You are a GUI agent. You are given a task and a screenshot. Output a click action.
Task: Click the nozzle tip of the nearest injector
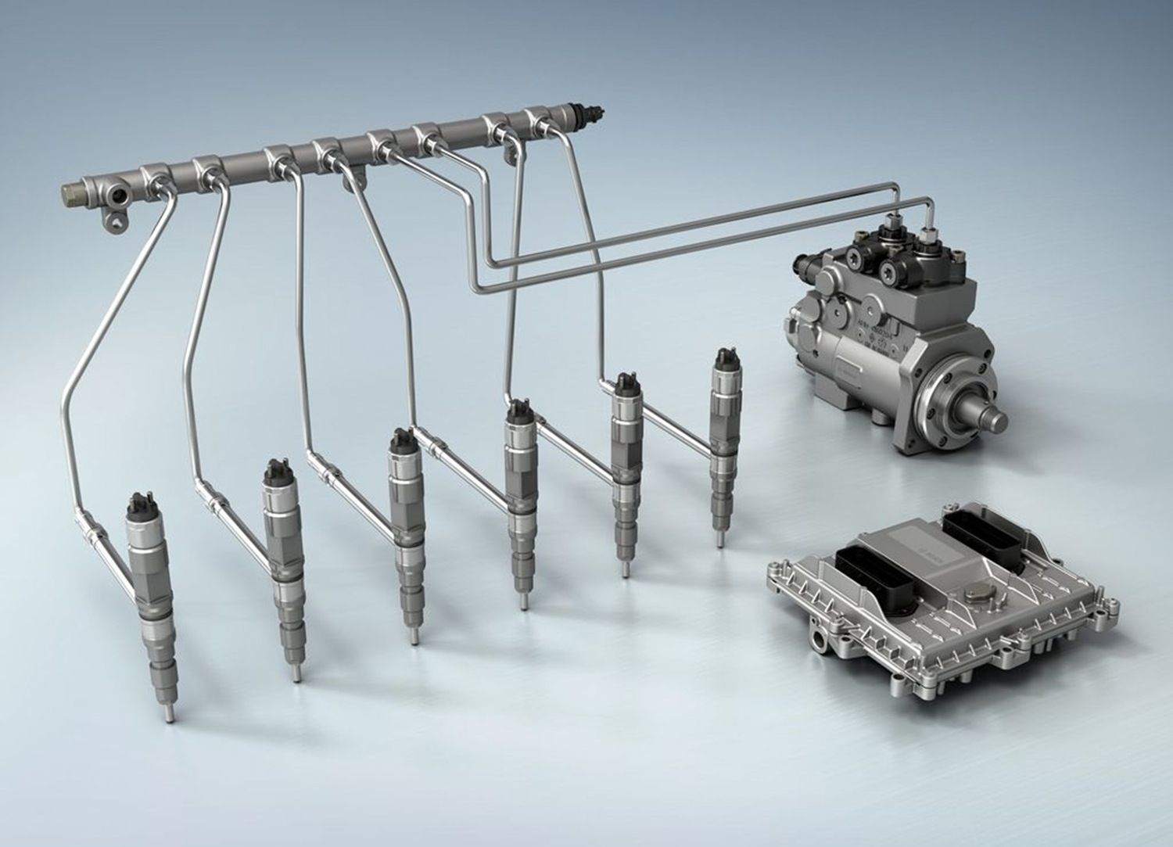point(167,714)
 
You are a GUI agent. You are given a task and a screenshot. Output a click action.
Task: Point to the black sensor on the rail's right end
point(589,114)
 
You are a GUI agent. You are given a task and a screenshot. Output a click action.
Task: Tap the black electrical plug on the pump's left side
point(804,270)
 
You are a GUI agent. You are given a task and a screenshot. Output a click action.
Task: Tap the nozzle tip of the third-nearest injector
point(411,637)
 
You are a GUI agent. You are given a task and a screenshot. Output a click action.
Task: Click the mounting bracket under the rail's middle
point(353,179)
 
